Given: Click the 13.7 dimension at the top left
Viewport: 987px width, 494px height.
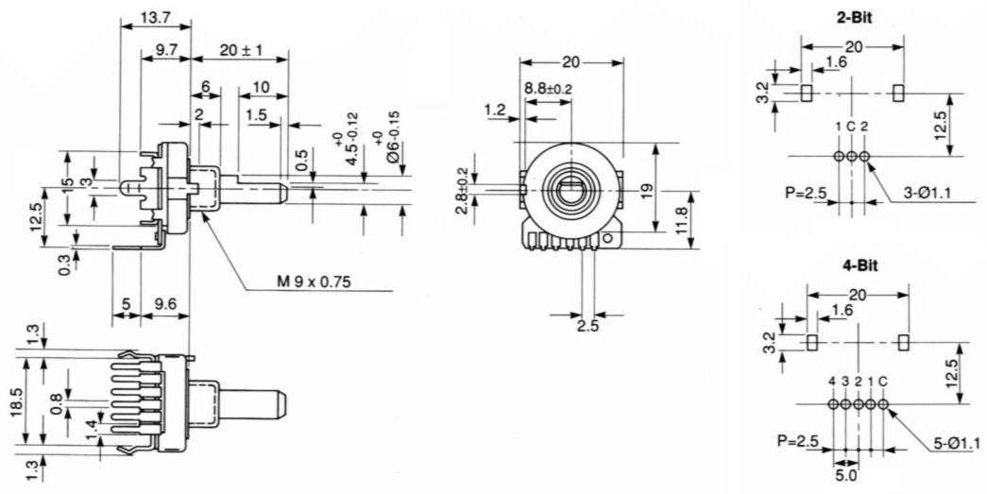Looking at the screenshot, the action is [x=154, y=18].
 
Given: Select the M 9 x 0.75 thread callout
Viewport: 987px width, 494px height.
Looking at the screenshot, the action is [x=315, y=281].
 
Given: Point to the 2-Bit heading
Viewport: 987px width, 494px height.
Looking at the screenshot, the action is [x=854, y=18].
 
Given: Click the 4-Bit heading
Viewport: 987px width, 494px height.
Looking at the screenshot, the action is [x=859, y=265].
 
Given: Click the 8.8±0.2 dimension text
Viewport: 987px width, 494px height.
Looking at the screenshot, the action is [x=548, y=89].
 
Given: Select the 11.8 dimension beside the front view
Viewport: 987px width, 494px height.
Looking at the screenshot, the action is [x=682, y=220].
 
